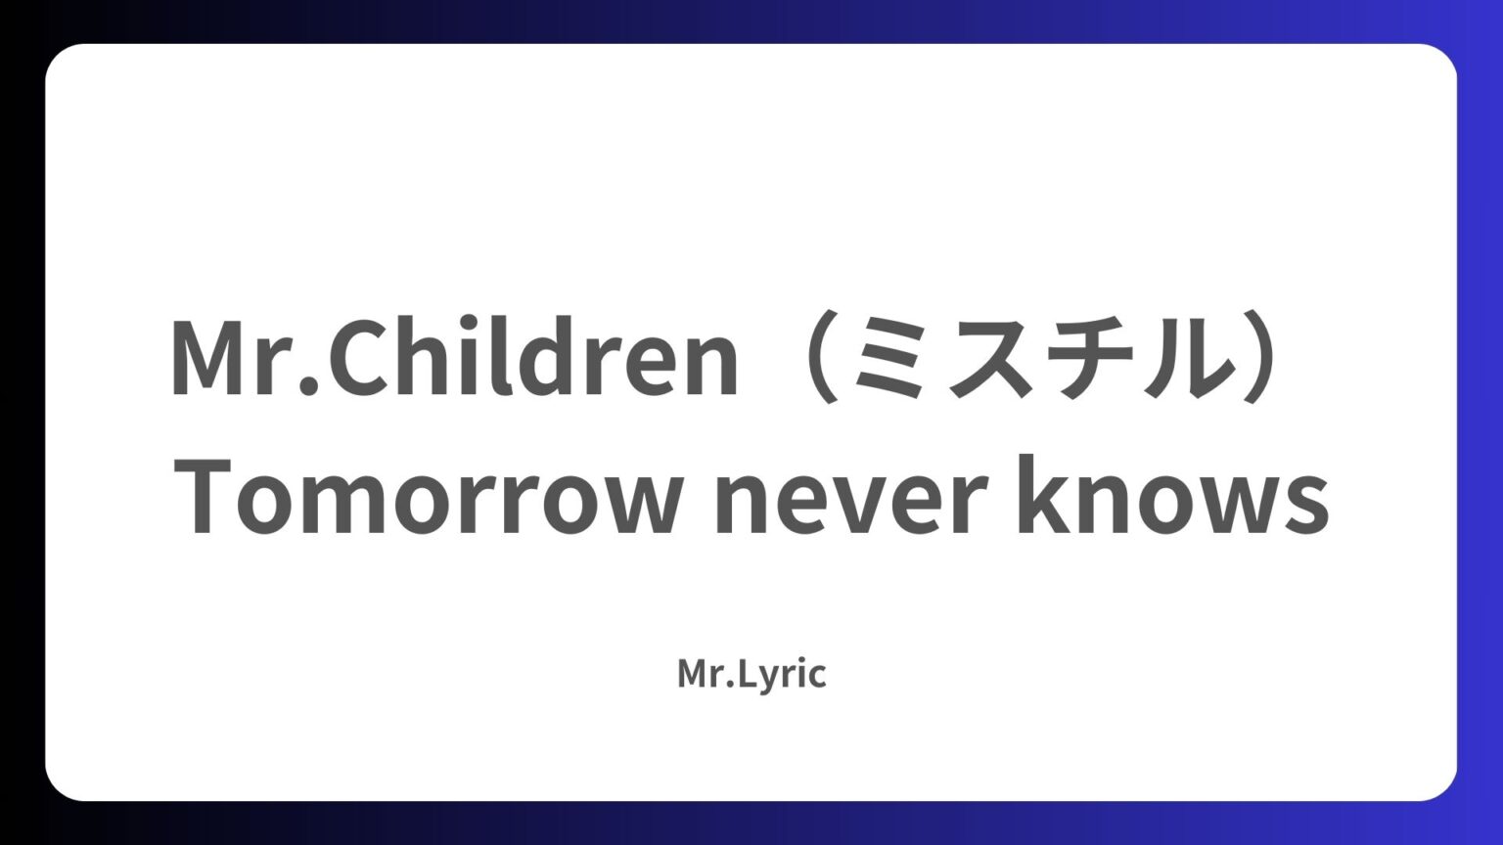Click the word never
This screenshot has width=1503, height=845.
(849, 505)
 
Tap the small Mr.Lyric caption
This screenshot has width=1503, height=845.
(751, 674)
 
